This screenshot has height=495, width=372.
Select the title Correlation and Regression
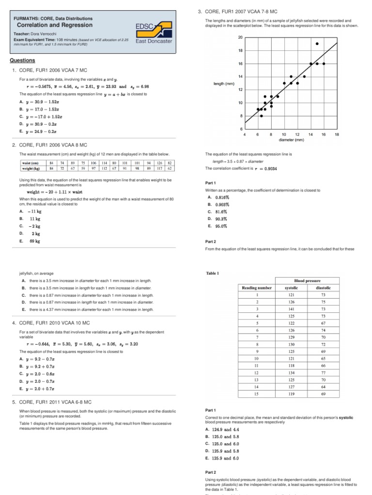click(x=45, y=24)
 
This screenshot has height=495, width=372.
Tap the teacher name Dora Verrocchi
click(x=48, y=34)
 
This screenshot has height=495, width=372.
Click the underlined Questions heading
click(x=22, y=60)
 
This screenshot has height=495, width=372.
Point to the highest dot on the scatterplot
click(x=317, y=44)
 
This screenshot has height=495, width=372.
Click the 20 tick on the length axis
click(x=240, y=37)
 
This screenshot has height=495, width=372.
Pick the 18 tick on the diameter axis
click(x=337, y=134)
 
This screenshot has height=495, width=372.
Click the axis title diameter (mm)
click(x=291, y=140)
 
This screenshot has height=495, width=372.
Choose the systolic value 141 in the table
click(x=291, y=309)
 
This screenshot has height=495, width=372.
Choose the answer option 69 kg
click(x=35, y=240)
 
